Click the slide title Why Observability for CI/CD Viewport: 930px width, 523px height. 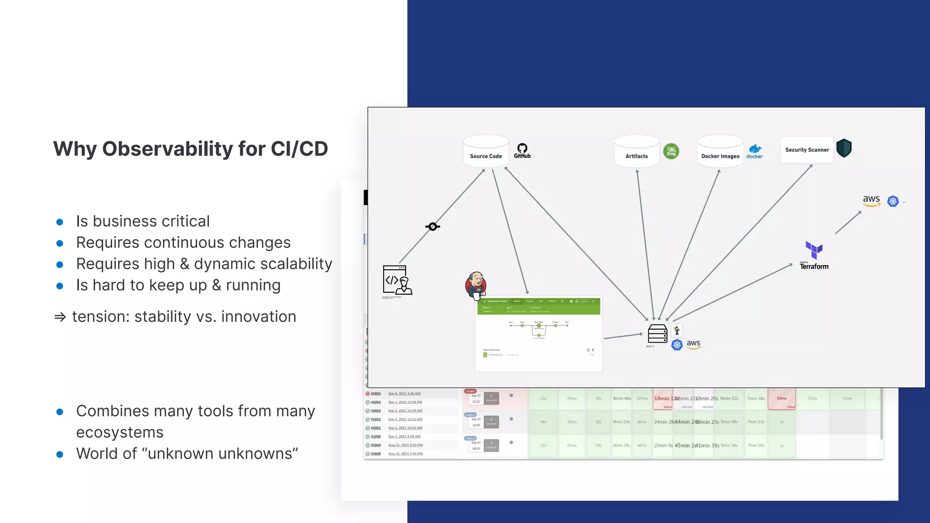pos(190,149)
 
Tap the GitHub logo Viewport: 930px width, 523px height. pos(522,151)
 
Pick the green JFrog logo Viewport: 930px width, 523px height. pos(671,151)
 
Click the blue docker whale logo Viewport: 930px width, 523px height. pos(755,151)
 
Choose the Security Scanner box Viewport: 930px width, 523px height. pos(807,150)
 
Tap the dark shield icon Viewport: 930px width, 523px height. pos(844,148)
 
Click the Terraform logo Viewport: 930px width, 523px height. pos(814,256)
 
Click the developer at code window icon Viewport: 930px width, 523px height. pos(397,280)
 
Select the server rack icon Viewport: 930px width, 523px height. pos(657,334)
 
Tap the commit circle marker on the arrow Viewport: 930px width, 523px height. pos(433,227)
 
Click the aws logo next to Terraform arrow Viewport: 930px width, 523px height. pos(871,200)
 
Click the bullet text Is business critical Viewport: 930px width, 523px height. pos(143,222)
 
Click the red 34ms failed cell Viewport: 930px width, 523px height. pos(782,399)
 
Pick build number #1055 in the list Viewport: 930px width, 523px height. pos(376,394)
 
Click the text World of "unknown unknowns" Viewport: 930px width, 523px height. pos(187,454)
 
